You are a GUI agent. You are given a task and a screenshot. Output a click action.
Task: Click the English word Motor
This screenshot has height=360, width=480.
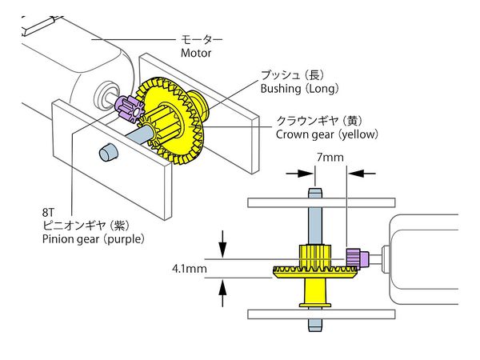click(x=197, y=53)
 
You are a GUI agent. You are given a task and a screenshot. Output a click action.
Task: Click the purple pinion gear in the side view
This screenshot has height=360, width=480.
click(x=355, y=258)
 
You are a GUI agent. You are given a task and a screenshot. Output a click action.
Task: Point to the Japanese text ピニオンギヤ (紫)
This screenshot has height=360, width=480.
click(x=88, y=225)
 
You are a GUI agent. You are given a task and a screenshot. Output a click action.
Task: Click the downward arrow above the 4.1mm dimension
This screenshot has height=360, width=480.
click(x=223, y=240)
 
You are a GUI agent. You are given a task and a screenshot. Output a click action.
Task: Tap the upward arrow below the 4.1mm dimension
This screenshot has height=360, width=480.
click(x=223, y=295)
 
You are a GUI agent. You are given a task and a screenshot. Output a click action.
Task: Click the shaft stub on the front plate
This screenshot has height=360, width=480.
click(x=106, y=151)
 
